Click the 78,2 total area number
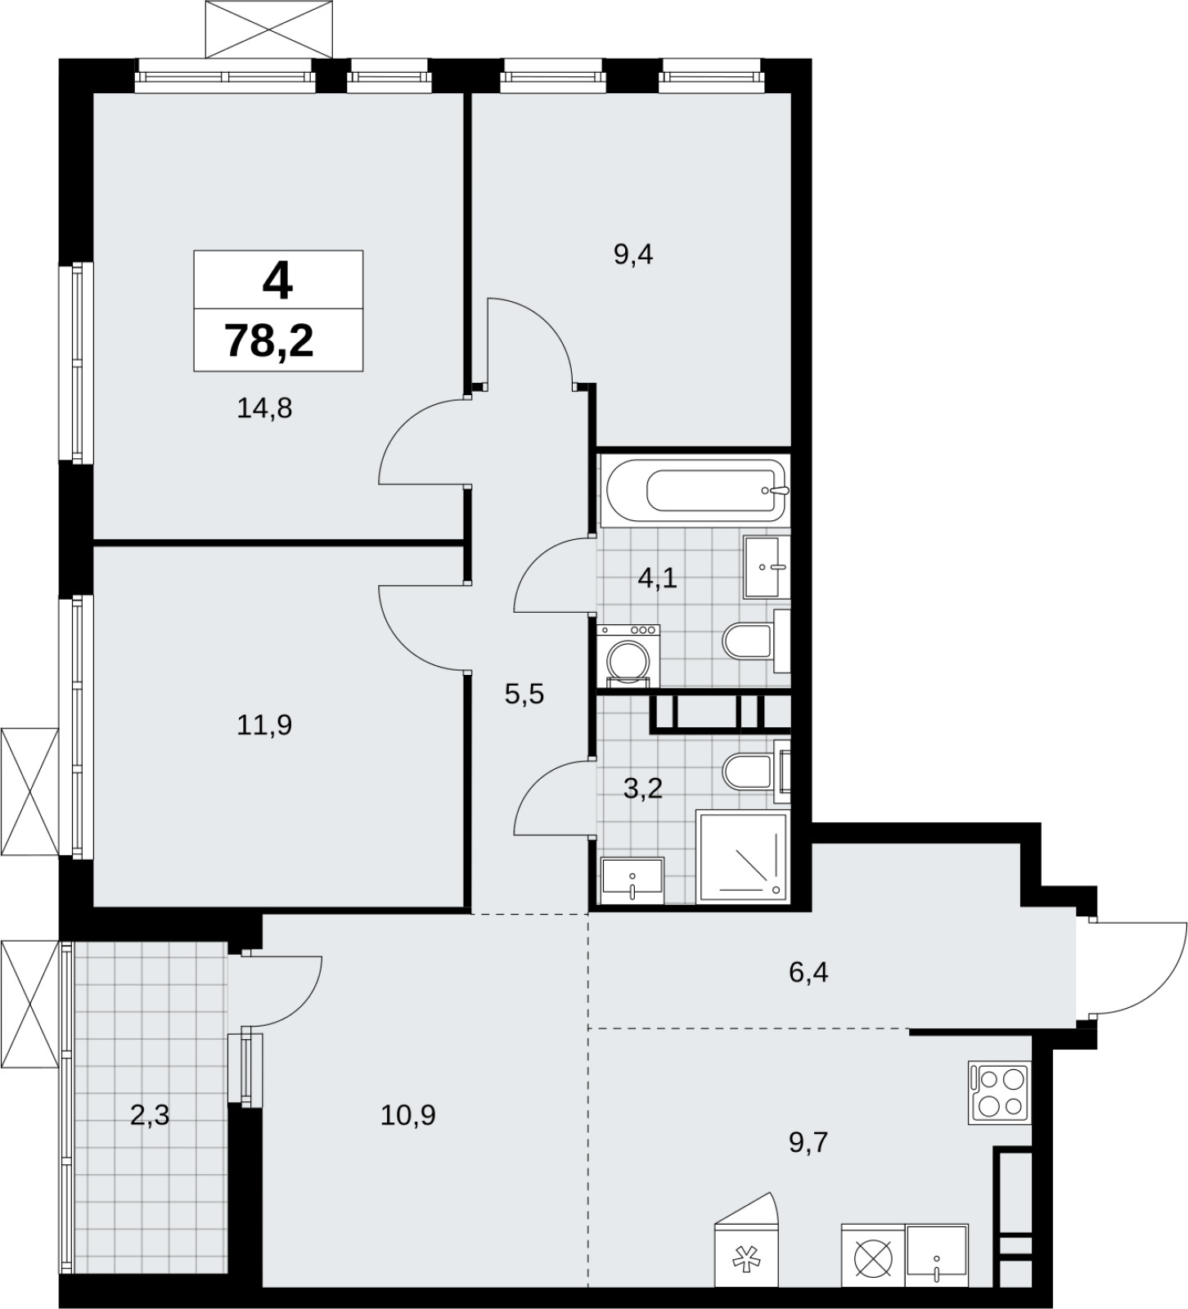[270, 340]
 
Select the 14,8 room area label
[264, 407]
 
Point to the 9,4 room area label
[633, 255]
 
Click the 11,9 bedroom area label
[264, 725]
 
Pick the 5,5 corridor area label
[524, 695]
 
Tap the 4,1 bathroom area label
[658, 579]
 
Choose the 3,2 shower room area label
[642, 789]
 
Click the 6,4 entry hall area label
[808, 974]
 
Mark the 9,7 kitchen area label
[808, 1142]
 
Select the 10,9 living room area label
[407, 1114]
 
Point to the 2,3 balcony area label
[150, 1114]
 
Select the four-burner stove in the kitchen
[998, 1092]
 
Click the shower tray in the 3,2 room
[742, 857]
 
